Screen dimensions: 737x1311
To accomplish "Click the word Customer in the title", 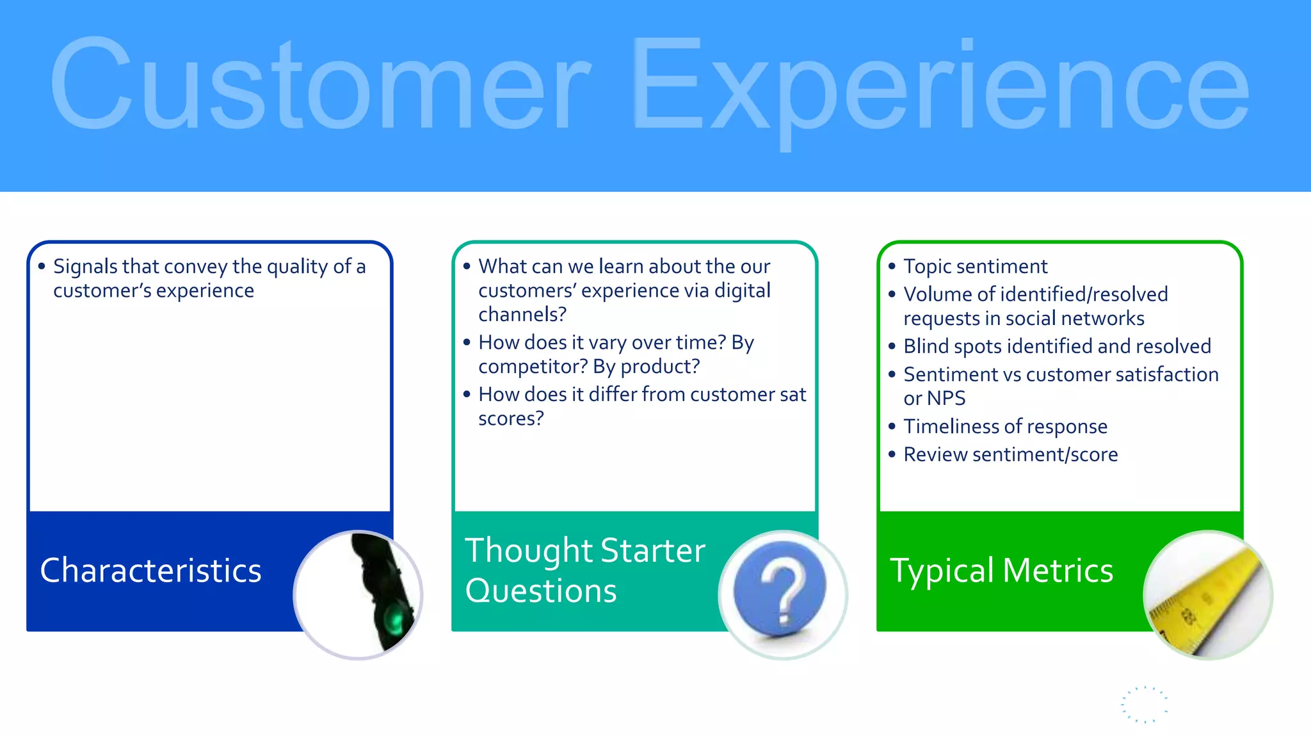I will pyautogui.click(x=320, y=83).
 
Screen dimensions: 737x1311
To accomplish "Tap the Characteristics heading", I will pyautogui.click(x=150, y=570).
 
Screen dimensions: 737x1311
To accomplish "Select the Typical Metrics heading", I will pyautogui.click(x=1001, y=570).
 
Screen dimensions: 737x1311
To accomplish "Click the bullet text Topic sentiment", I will pyautogui.click(x=975, y=266).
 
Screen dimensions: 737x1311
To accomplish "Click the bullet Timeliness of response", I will pyautogui.click(x=1005, y=427).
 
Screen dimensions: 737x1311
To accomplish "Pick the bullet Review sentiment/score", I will pyautogui.click(x=1010, y=455).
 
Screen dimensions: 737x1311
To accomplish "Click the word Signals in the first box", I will pyautogui.click(x=85, y=266).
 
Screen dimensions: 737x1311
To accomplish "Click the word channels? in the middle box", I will pyautogui.click(x=522, y=315).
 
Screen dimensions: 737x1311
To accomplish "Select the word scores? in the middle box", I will pyautogui.click(x=511, y=418).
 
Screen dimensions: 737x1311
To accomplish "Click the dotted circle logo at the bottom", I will pyautogui.click(x=1145, y=705).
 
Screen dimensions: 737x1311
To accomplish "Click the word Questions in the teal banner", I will pyautogui.click(x=541, y=590).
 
